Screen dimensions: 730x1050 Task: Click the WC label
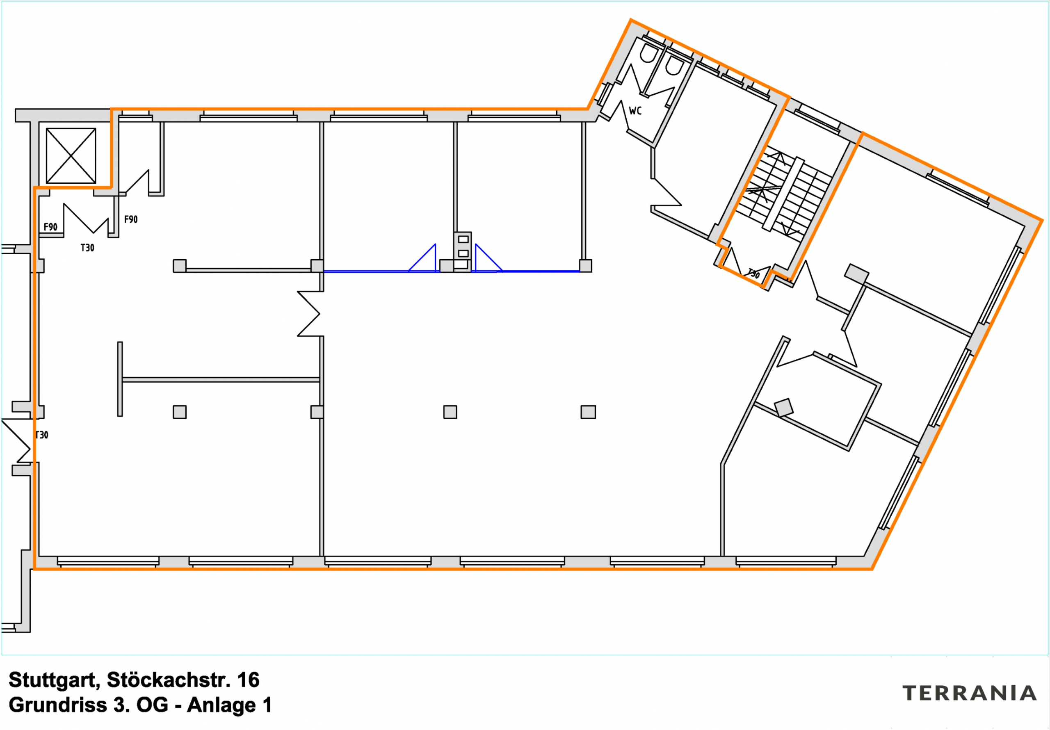(635, 111)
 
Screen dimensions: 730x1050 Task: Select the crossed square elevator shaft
(71, 155)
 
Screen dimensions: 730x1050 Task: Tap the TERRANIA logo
(969, 693)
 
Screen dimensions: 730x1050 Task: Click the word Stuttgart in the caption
(54, 680)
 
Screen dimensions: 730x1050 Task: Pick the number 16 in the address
(248, 680)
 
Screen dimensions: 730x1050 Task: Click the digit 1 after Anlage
(267, 705)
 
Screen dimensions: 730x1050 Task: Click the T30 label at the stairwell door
(753, 274)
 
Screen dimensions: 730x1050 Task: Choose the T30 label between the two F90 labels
(87, 248)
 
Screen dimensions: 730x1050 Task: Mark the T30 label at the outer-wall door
(42, 435)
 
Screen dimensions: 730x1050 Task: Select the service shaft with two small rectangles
(463, 251)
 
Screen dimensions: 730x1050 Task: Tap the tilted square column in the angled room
(784, 407)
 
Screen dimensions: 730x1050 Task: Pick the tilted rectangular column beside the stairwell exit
(856, 273)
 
